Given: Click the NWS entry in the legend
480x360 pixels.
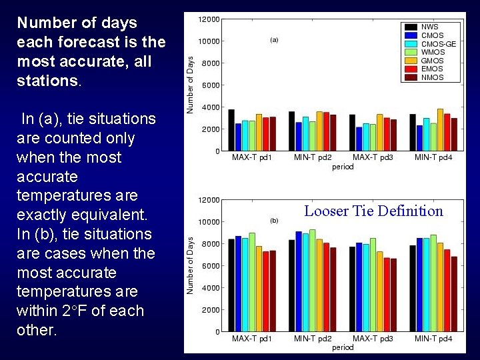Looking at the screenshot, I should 430,27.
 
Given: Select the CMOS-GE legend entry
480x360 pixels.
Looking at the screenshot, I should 439,44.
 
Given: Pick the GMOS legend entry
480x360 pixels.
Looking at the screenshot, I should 432,61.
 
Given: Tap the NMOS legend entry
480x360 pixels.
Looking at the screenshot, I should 432,77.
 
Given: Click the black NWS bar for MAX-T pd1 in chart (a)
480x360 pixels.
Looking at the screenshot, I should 231,130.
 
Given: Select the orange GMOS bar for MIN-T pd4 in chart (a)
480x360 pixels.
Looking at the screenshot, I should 440,130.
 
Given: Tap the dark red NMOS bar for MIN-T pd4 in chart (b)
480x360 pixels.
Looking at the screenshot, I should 454,294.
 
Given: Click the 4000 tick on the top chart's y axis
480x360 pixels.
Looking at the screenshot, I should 211,107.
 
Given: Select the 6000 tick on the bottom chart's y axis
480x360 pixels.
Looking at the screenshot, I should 211,266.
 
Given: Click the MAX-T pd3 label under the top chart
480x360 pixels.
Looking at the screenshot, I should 373,157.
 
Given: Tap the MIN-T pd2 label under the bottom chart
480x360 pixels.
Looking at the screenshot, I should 313,339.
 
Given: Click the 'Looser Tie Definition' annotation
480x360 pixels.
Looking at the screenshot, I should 373,211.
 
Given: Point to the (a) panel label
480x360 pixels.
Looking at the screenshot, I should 274,40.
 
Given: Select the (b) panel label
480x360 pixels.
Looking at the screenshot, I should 274,220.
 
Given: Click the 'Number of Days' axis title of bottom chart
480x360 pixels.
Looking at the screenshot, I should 190,265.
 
